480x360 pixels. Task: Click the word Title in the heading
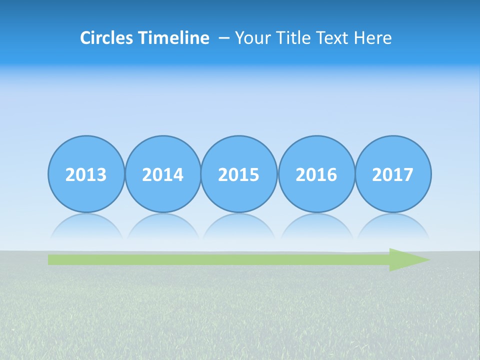click(288, 38)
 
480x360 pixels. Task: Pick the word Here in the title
click(373, 38)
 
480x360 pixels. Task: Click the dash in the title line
click(223, 38)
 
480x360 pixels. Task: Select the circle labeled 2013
click(86, 174)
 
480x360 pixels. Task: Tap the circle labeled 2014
click(163, 174)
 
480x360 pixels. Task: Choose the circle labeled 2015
click(239, 174)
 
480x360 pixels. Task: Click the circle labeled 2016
click(316, 174)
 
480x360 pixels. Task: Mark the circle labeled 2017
click(393, 174)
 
